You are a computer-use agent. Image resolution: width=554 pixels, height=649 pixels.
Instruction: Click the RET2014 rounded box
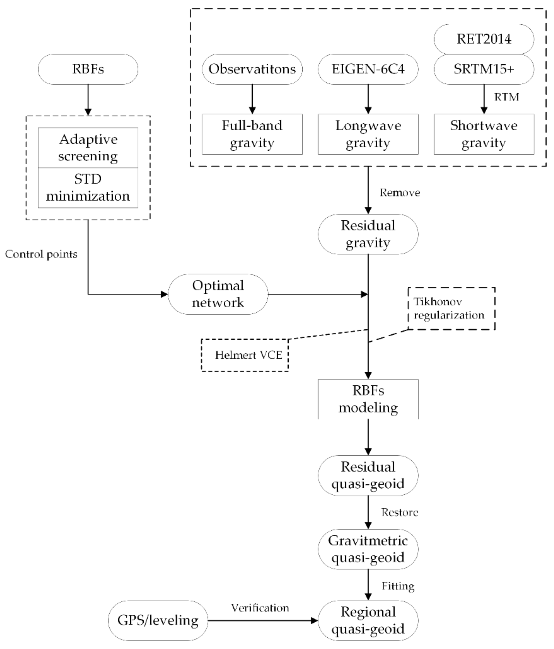pyautogui.click(x=484, y=39)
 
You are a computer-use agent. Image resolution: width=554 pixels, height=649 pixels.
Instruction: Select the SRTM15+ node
pyautogui.click(x=484, y=69)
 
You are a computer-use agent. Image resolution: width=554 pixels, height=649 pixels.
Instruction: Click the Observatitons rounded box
pyautogui.click(x=252, y=69)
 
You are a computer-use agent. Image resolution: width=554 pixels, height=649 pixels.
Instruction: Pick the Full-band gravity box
pyautogui.click(x=252, y=134)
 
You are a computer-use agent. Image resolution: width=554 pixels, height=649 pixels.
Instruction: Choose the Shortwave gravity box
pyautogui.click(x=484, y=134)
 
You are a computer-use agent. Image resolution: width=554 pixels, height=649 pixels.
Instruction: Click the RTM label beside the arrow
pyautogui.click(x=506, y=97)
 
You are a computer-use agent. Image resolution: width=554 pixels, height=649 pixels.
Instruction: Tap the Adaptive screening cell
pyautogui.click(x=88, y=147)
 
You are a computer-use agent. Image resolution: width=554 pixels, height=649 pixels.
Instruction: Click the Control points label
pyautogui.click(x=41, y=254)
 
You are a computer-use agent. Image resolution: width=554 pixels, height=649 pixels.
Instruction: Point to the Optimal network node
pyautogui.click(x=218, y=294)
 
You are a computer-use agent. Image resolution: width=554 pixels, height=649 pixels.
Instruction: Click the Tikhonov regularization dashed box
pyautogui.click(x=451, y=309)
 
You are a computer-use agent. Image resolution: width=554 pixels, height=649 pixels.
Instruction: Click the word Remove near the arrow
pyautogui.click(x=400, y=193)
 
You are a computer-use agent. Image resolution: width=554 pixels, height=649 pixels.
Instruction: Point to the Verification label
pyautogui.click(x=260, y=608)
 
